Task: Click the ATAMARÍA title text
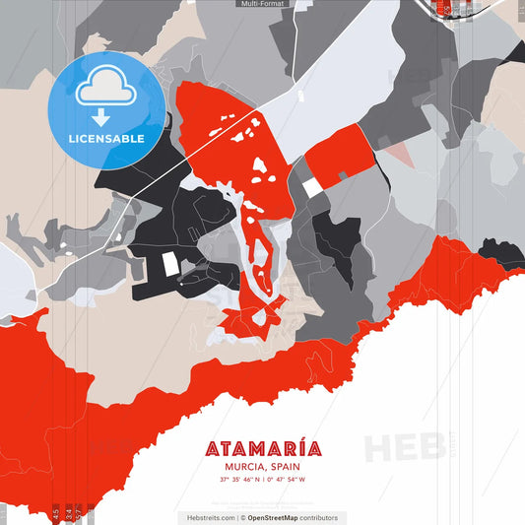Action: coord(263,449)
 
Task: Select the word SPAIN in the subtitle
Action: coord(284,467)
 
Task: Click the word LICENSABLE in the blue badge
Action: coord(106,138)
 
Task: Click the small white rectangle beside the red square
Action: coord(311,187)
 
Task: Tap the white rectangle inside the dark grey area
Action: coord(170,263)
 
